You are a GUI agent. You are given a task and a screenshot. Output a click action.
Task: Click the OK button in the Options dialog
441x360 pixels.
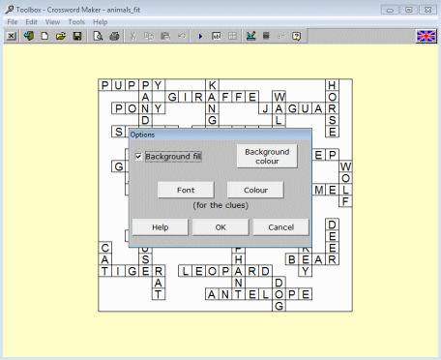click(220, 226)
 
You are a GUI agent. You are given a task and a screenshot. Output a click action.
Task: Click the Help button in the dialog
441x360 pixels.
click(160, 226)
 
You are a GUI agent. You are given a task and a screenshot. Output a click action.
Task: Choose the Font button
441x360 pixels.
click(186, 191)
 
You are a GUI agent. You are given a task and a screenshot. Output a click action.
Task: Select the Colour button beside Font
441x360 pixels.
click(255, 191)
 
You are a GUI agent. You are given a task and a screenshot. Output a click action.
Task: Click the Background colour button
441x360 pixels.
click(267, 156)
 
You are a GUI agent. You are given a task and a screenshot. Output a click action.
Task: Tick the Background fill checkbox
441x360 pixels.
click(138, 156)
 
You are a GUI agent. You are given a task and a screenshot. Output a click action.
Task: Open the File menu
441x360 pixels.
click(13, 21)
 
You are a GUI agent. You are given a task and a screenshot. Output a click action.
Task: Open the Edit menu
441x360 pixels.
click(32, 21)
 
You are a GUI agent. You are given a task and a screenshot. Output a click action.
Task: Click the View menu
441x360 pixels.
click(52, 21)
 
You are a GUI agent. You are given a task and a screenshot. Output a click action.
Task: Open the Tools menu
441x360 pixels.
click(76, 21)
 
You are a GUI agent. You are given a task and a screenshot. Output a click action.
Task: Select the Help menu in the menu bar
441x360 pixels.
click(101, 21)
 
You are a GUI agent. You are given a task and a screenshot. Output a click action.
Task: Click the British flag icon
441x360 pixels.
click(426, 36)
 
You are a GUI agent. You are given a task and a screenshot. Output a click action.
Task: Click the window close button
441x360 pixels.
click(426, 8)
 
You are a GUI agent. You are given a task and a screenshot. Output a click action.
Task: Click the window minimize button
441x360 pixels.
click(392, 8)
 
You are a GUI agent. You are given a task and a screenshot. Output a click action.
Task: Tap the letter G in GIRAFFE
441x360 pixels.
click(172, 97)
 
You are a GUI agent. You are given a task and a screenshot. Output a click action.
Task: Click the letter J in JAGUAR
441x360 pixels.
click(266, 109)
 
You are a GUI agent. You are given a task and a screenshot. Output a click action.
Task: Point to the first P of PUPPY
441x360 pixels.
click(105, 85)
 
